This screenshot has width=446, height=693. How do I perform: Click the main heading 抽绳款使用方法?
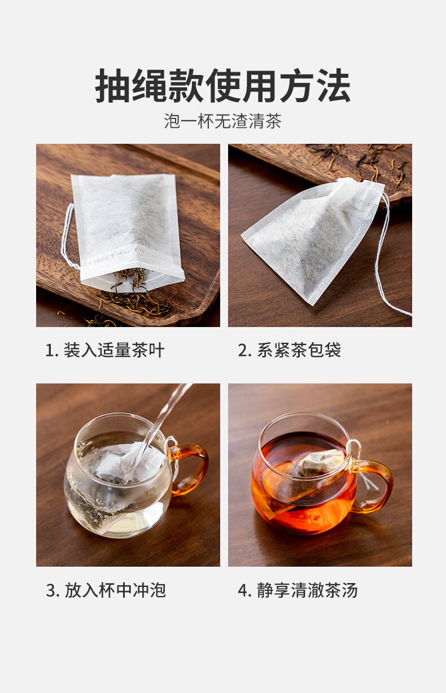pyautogui.click(x=222, y=86)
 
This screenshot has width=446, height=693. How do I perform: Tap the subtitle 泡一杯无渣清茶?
pyautogui.click(x=222, y=121)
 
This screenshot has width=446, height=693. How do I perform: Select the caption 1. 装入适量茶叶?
pyautogui.click(x=104, y=350)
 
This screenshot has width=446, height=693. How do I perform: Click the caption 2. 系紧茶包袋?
pyautogui.click(x=289, y=350)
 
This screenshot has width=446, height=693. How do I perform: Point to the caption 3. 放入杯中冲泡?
pyautogui.click(x=106, y=590)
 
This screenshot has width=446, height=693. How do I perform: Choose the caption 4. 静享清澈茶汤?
pyautogui.click(x=298, y=590)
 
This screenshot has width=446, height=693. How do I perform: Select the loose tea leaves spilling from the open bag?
pyautogui.click(x=133, y=291)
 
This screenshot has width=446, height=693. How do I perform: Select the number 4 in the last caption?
pyautogui.click(x=243, y=590)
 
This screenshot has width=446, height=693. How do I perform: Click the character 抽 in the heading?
pyautogui.click(x=112, y=86)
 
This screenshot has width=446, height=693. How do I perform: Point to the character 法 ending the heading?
pyautogui.click(x=334, y=86)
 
